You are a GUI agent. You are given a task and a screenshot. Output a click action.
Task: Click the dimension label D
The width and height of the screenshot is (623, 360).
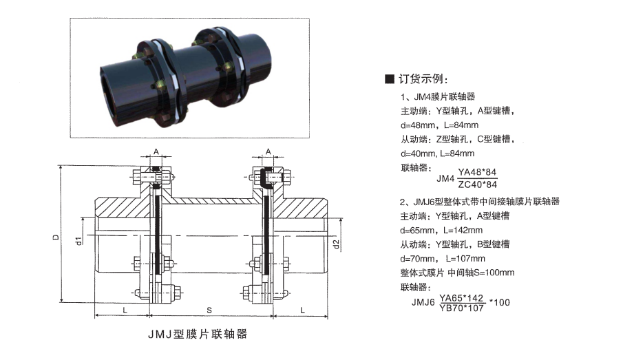(56, 237)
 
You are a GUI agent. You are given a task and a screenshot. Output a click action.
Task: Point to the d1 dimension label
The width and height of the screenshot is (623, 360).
(78, 240)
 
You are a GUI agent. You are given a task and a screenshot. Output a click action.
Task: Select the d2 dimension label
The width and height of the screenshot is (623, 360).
(336, 244)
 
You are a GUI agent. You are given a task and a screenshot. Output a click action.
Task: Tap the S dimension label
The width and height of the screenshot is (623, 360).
(209, 310)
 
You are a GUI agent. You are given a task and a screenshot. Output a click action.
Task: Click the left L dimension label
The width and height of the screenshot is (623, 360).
(125, 310)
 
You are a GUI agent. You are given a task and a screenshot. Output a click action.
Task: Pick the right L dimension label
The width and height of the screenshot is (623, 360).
(302, 310)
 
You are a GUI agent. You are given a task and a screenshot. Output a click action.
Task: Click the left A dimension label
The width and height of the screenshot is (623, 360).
(156, 151)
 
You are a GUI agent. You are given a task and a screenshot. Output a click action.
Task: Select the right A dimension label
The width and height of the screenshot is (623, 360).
(268, 151)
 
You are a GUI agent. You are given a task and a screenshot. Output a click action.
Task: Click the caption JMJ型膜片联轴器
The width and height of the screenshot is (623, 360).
(198, 334)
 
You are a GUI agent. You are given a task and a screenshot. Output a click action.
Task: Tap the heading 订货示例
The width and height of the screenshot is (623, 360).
(423, 78)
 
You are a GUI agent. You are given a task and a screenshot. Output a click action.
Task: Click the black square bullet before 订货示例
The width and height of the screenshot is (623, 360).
(390, 78)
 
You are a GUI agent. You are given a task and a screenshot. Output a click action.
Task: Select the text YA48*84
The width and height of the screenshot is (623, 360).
(477, 172)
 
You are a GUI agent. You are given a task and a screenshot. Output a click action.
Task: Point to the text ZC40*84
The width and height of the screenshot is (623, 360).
(477, 184)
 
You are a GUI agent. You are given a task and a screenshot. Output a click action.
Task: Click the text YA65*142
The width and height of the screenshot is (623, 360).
(461, 298)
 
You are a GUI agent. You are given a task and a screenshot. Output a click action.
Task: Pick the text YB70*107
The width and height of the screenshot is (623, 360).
(461, 308)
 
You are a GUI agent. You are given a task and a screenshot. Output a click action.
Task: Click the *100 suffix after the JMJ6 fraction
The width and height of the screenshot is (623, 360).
(500, 302)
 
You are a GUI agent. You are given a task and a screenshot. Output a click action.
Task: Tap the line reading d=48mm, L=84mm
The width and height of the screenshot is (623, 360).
(439, 125)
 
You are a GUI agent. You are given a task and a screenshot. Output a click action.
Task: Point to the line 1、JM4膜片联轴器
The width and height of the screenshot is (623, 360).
(438, 96)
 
